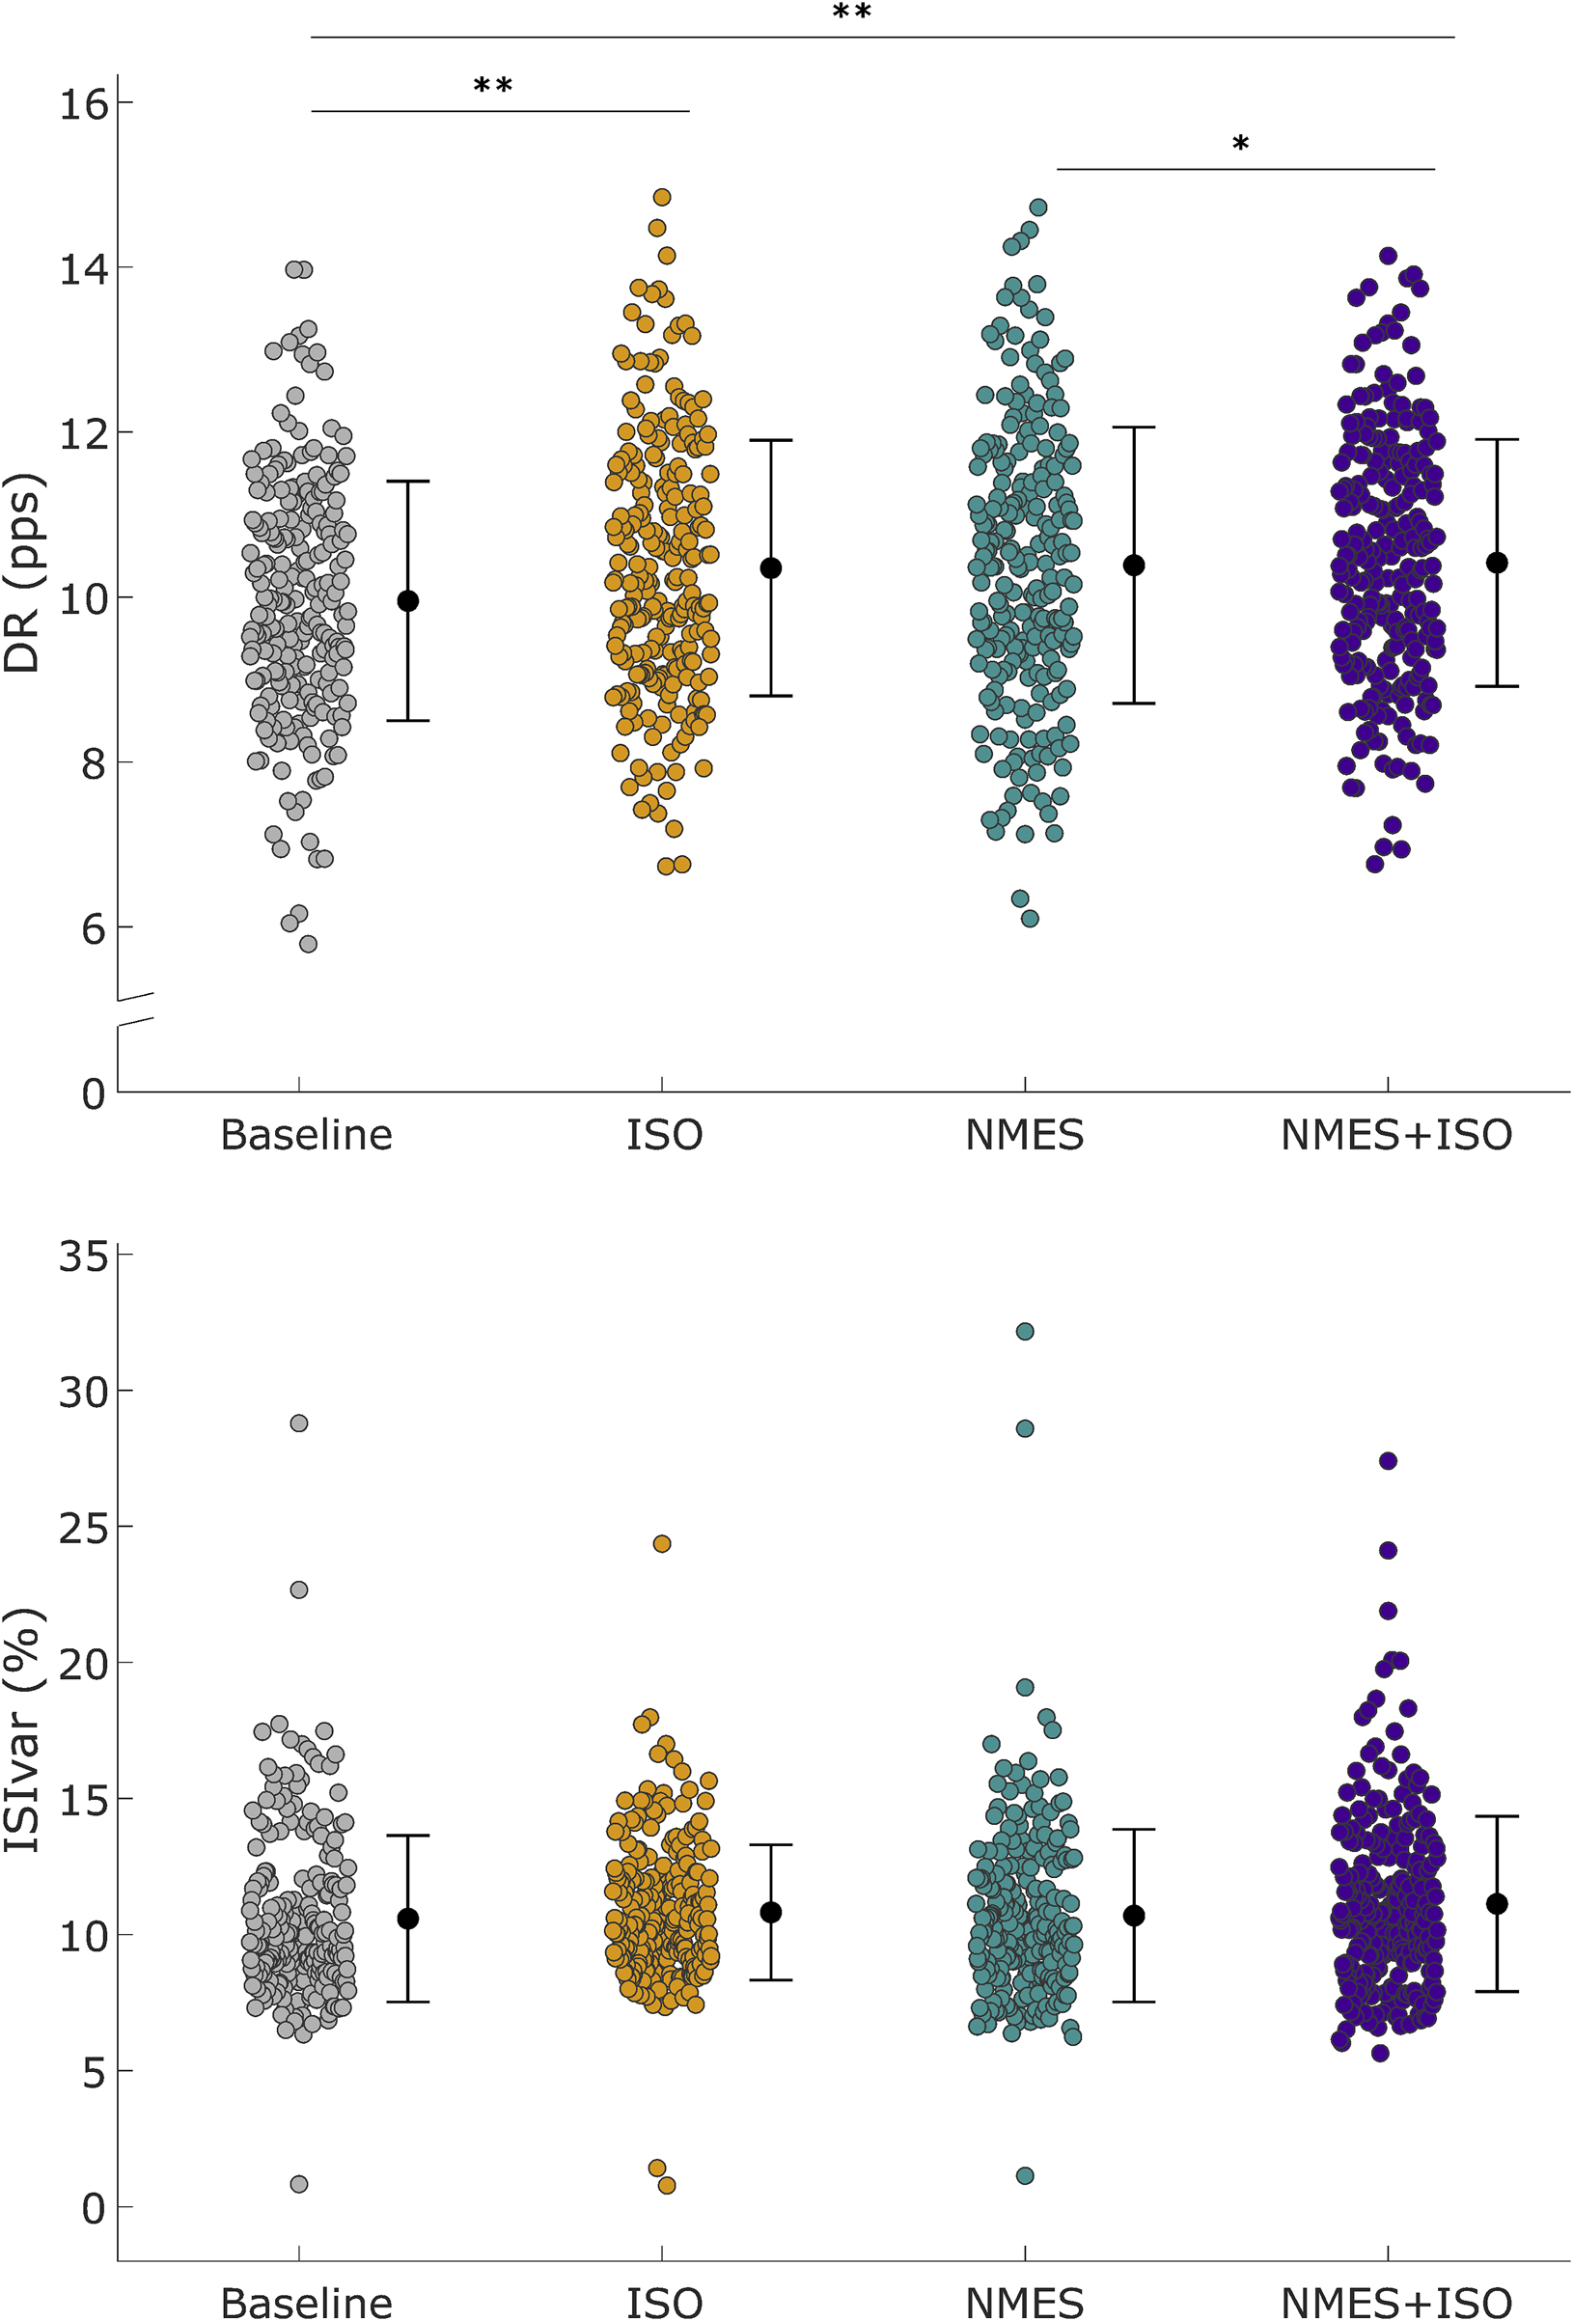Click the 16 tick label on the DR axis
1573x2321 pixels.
click(x=83, y=104)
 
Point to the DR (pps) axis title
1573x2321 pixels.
click(x=22, y=573)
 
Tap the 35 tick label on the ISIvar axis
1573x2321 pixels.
click(x=83, y=1257)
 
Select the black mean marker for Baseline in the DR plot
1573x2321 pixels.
click(x=407, y=601)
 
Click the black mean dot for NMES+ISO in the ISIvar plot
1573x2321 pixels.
click(x=1496, y=1903)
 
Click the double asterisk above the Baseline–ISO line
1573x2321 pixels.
click(x=492, y=86)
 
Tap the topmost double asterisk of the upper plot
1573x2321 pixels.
click(x=851, y=13)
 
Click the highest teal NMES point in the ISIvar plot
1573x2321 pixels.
click(x=1025, y=1331)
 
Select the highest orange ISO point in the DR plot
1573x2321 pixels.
click(x=661, y=198)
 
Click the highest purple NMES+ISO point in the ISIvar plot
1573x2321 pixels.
click(x=1388, y=1461)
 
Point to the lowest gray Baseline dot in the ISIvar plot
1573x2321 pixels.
click(x=298, y=2184)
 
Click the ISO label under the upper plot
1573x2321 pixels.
click(x=664, y=1136)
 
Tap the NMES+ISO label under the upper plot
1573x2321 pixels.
click(x=1396, y=1136)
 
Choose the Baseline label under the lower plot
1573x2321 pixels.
click(x=306, y=2303)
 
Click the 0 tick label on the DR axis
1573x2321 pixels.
click(x=93, y=1094)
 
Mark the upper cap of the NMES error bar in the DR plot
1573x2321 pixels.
click(x=1134, y=428)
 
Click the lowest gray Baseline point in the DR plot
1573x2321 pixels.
click(x=308, y=944)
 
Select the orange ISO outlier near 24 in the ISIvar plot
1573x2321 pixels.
click(x=661, y=1544)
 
